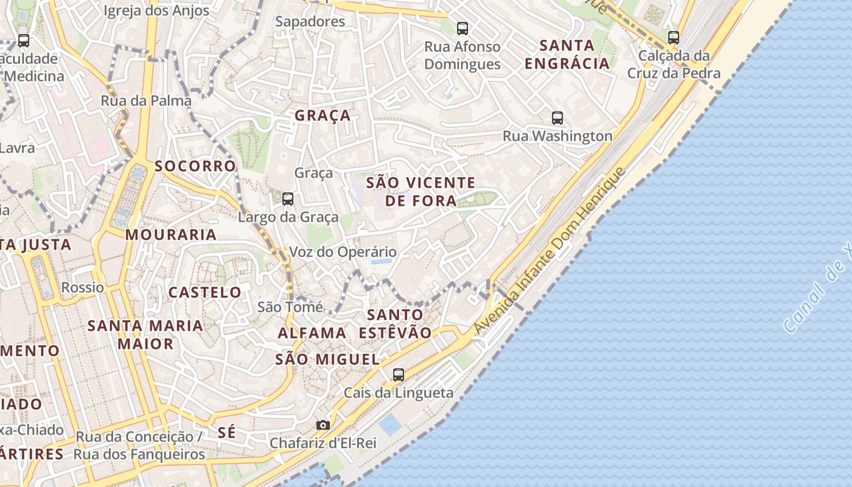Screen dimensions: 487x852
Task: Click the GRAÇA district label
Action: point(323,116)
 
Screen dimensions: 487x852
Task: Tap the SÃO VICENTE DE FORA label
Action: point(421,192)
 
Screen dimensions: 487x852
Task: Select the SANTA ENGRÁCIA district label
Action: point(567,54)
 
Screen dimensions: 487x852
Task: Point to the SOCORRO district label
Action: point(195,166)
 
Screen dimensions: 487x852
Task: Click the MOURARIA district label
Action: point(171,235)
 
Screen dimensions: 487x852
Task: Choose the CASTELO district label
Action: point(205,293)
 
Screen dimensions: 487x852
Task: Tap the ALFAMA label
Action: point(312,334)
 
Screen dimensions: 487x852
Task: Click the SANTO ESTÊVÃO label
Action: point(395,324)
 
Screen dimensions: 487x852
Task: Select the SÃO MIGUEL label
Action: point(327,360)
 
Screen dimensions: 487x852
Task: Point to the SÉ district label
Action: point(226,433)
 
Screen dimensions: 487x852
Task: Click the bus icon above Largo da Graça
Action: point(288,198)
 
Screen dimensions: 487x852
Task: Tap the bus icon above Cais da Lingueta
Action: point(399,374)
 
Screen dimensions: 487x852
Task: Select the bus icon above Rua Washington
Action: point(557,117)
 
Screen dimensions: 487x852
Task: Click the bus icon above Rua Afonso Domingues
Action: point(463,28)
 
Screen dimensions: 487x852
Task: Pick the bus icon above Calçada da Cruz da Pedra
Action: point(674,37)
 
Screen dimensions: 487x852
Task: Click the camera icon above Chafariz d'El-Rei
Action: point(323,425)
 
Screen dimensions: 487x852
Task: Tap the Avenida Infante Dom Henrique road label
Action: point(549,251)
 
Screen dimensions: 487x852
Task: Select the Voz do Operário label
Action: point(343,252)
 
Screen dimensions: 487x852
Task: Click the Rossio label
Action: point(83,287)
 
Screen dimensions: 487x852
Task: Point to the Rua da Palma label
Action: point(146,101)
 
